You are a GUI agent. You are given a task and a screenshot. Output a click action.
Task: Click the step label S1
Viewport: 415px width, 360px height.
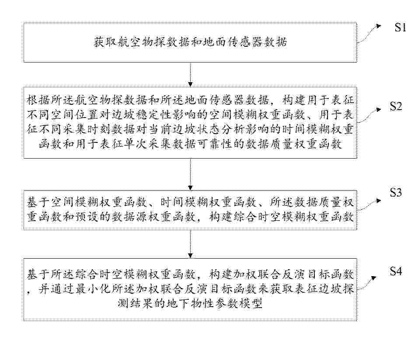coord(400,27)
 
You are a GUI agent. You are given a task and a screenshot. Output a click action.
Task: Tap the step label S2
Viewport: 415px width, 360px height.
coord(396,106)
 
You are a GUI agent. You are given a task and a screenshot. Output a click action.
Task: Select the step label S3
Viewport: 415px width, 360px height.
coord(396,193)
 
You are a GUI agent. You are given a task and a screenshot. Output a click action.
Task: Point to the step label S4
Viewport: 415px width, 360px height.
coord(396,271)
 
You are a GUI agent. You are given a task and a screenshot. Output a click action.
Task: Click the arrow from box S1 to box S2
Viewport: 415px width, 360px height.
coord(190,75)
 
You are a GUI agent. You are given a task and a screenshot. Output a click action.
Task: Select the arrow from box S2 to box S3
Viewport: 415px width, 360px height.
coord(190,174)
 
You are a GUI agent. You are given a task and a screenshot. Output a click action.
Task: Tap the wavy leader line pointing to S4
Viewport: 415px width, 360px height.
coord(366,283)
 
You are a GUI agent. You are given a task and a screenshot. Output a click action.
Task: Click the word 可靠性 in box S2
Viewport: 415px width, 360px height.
coord(215,144)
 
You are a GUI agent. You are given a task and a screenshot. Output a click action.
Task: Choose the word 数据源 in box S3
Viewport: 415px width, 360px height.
coord(129,217)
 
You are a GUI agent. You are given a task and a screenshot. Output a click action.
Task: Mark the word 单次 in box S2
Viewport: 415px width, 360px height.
coord(136,144)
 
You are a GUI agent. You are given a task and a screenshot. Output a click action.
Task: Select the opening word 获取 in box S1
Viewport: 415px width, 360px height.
coord(105,42)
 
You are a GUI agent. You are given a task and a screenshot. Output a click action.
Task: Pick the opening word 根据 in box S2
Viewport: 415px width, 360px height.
coord(38,100)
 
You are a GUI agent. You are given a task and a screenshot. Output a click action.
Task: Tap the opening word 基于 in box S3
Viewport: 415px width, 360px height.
coord(38,203)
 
